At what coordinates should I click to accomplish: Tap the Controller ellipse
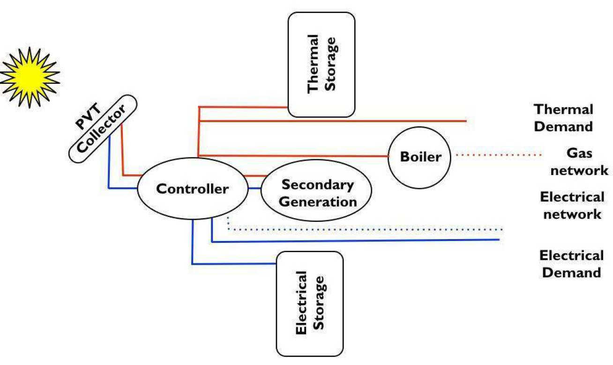click(x=192, y=189)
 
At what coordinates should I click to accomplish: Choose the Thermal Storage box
click(x=321, y=64)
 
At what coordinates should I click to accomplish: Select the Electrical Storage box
click(x=310, y=304)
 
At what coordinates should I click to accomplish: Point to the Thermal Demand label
click(x=564, y=118)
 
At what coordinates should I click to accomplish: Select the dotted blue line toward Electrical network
click(x=366, y=230)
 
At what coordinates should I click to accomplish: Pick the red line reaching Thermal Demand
click(x=333, y=121)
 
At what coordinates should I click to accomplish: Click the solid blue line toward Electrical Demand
click(x=356, y=241)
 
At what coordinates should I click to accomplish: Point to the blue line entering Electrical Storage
click(x=234, y=264)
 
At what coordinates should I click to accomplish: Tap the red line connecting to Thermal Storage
click(x=244, y=107)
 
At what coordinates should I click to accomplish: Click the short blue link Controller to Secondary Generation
click(x=254, y=188)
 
